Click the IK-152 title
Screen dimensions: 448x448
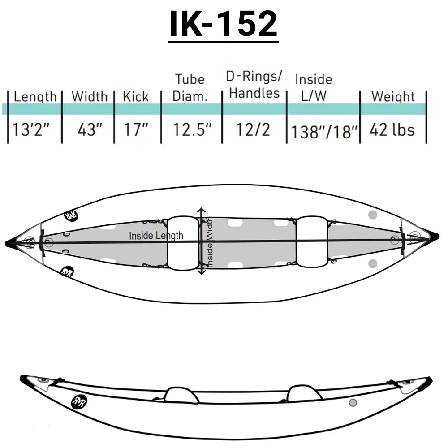click(x=224, y=24)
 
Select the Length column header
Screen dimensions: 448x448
click(x=35, y=97)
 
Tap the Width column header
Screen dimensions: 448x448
click(x=90, y=97)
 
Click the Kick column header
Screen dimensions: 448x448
click(x=136, y=97)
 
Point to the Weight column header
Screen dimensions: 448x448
click(x=393, y=97)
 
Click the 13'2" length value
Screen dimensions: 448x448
click(x=31, y=130)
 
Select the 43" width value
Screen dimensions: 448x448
click(x=90, y=130)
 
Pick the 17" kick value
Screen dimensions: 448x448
click(x=136, y=130)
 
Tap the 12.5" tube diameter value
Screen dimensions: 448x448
click(x=192, y=130)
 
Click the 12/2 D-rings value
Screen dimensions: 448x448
click(x=253, y=130)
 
